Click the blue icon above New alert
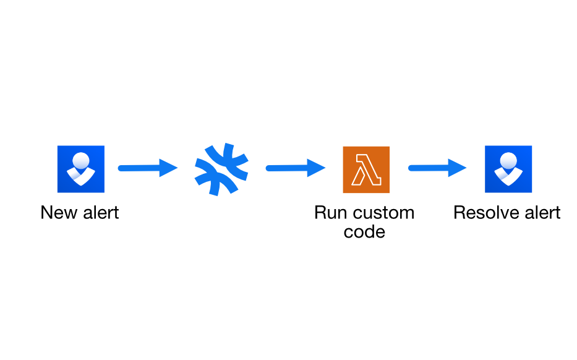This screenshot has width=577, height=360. click(x=81, y=169)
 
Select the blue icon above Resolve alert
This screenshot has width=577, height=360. click(x=508, y=169)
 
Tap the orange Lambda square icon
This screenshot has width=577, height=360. click(x=366, y=169)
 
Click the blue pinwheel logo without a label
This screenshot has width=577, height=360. click(x=221, y=169)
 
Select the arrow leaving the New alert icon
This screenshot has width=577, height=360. click(x=148, y=168)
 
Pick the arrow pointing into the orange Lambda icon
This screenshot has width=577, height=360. click(x=296, y=168)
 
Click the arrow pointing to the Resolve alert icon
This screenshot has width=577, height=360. click(x=437, y=168)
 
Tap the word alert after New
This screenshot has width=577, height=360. click(x=101, y=212)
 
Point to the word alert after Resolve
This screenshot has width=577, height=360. click(x=542, y=212)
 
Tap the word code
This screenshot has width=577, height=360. click(x=364, y=232)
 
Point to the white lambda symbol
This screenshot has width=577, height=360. click(x=366, y=169)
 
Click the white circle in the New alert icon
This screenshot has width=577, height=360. click(x=81, y=160)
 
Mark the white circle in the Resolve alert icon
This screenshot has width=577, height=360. click(x=508, y=160)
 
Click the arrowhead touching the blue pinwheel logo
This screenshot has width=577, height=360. click(x=168, y=168)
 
